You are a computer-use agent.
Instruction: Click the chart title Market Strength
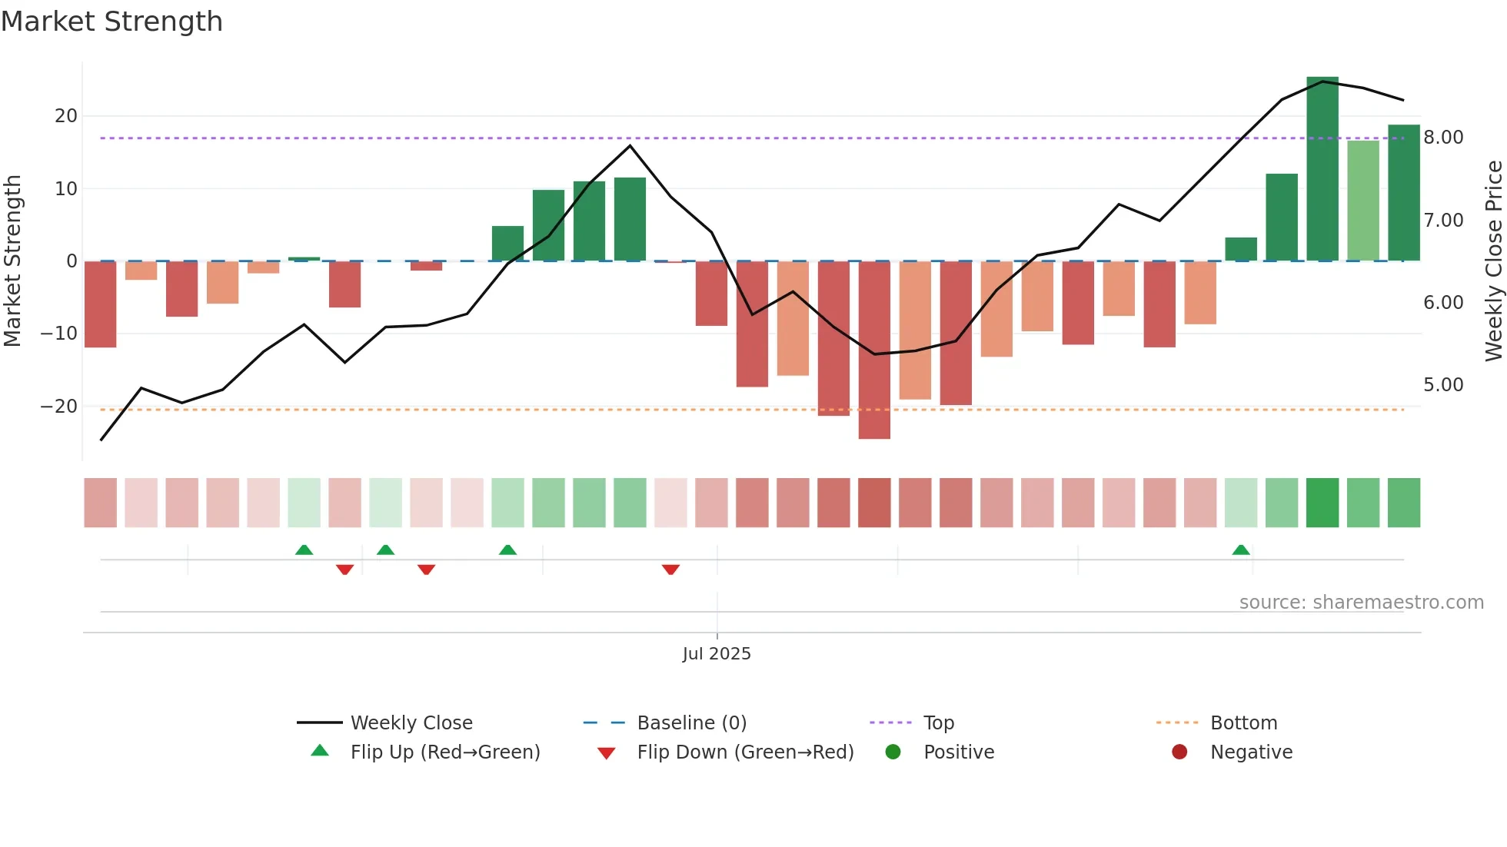pos(111,22)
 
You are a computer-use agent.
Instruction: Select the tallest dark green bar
pos(1322,169)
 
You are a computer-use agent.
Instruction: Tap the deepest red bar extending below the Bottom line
pos(874,350)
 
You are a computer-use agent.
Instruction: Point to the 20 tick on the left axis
pos(66,116)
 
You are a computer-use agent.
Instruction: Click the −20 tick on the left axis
pos(59,407)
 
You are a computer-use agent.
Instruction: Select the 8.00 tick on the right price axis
pos(1443,138)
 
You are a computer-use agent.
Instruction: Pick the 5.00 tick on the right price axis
pos(1443,385)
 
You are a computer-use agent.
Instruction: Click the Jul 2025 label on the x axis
pos(717,654)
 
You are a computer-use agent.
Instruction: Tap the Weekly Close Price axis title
pos(1493,261)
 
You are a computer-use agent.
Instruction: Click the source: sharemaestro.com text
pos(1361,603)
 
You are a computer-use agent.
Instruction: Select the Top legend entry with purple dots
pos(938,723)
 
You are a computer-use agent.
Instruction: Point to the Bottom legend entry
pos(1243,723)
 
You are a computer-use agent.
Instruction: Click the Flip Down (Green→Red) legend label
pos(745,752)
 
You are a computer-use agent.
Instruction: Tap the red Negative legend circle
pos(1179,752)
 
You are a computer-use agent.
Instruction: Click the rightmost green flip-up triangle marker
pos(1240,550)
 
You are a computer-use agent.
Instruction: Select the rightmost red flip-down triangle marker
pos(670,570)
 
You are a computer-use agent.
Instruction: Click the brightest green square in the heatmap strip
pos(1322,503)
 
